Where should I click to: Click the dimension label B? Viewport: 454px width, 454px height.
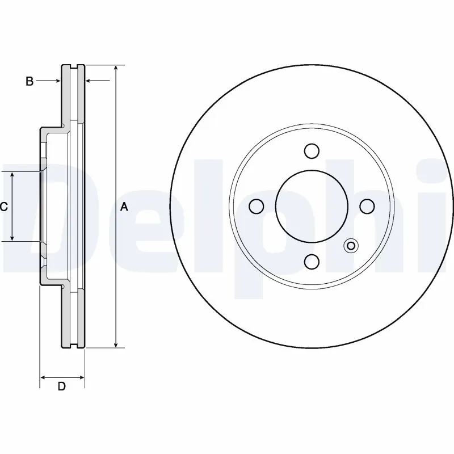tap(29, 82)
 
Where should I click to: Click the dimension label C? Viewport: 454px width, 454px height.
tap(3, 207)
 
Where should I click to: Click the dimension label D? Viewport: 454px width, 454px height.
tap(62, 387)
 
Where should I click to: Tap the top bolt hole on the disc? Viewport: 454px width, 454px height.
tap(311, 151)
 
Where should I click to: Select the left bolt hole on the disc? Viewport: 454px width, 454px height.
tap(257, 206)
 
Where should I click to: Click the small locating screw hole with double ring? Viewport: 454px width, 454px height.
tap(351, 245)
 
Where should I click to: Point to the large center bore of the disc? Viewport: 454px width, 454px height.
tap(311, 206)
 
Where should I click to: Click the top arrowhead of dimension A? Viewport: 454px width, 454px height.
tap(116, 68)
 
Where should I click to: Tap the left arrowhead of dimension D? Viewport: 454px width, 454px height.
tap(43, 377)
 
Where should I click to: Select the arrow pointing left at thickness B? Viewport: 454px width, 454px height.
tap(89, 82)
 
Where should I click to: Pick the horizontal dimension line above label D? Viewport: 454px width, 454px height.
tap(62, 377)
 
